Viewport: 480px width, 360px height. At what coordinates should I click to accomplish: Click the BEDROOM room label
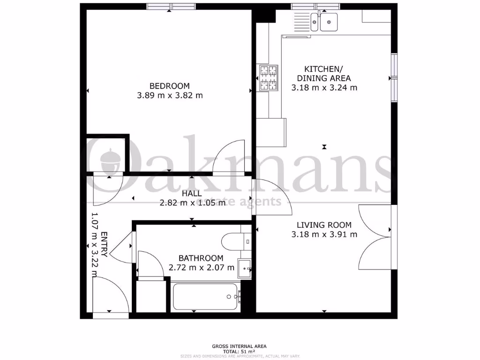[x=169, y=86]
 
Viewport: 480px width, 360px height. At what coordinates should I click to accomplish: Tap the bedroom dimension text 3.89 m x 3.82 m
[x=169, y=95]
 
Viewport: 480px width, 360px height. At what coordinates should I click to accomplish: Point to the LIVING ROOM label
[x=324, y=225]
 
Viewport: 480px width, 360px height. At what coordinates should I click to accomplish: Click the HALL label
[x=192, y=193]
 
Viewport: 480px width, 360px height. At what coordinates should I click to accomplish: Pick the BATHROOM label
[x=201, y=258]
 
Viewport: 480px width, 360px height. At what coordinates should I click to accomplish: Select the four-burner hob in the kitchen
[x=268, y=78]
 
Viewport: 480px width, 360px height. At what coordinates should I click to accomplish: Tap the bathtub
[x=207, y=296]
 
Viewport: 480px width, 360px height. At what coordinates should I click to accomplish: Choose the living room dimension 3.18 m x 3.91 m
[x=324, y=234]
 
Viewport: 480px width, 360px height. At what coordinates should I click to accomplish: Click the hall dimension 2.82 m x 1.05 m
[x=192, y=202]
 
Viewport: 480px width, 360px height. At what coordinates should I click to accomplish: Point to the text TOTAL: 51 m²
[x=239, y=351]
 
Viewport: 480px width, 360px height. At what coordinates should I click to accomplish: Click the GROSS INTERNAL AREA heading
[x=239, y=346]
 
